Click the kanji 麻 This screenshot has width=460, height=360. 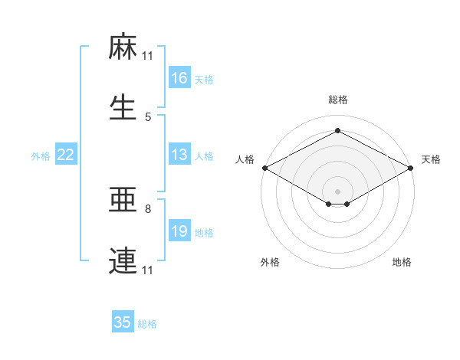coord(123,49)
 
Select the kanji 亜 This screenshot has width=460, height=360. coord(123,201)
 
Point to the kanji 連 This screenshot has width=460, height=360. coord(123,261)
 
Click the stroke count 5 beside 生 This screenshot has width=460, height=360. coord(148,116)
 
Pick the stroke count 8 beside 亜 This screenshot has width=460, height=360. coord(148,208)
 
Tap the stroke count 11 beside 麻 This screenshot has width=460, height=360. coord(148,55)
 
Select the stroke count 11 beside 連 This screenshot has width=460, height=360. coord(148,270)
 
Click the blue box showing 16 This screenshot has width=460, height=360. coord(179,78)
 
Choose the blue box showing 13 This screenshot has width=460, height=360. coord(179,155)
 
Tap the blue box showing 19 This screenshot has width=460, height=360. coord(179,231)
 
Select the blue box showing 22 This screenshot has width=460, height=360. coord(66,155)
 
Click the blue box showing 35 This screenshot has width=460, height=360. coord(123,322)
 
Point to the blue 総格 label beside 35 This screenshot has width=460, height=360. coord(147,324)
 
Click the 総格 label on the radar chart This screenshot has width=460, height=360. coord(337,100)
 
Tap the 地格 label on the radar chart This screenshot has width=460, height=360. coord(402,262)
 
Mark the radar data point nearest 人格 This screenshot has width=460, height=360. coord(264,168)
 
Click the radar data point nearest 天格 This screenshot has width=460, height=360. coord(411,168)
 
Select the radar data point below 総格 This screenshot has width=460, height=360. coord(337,131)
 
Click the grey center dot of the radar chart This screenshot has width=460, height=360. coord(337,191)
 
